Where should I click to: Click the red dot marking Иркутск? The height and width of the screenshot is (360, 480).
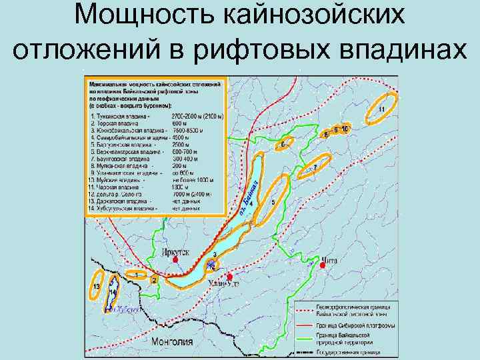pyautogui.click(x=175, y=261)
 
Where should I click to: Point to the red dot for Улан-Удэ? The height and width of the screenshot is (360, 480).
pyautogui.click(x=229, y=276)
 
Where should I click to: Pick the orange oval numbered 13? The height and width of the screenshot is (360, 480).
pyautogui.click(x=97, y=286)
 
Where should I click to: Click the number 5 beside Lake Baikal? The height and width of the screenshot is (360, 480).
pyautogui.click(x=273, y=201)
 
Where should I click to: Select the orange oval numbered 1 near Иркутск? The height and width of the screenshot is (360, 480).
pyautogui.click(x=137, y=275)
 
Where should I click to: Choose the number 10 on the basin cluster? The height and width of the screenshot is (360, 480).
pyautogui.click(x=345, y=128)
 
